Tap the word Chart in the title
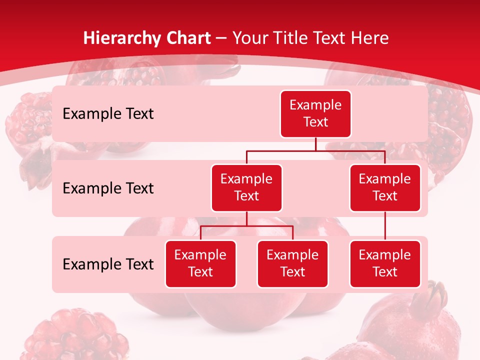click(x=187, y=38)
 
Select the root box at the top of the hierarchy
click(x=315, y=113)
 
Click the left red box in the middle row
click(x=246, y=187)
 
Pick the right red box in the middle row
click(x=385, y=187)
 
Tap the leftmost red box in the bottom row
click(x=200, y=263)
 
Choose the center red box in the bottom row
click(x=292, y=263)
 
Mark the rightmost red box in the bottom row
click(x=385, y=263)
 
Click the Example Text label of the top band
click(x=108, y=114)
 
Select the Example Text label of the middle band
click(x=108, y=188)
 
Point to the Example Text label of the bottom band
click(x=108, y=264)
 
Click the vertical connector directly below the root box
click(x=315, y=144)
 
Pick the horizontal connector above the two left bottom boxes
click(x=246, y=226)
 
